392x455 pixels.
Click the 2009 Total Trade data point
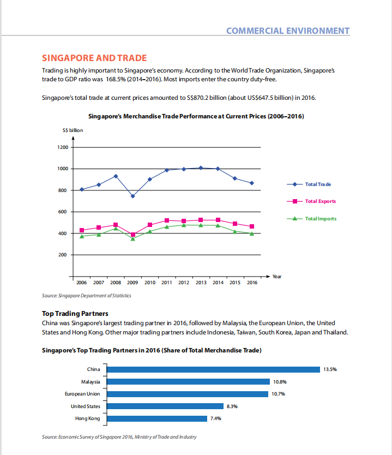tap(133, 196)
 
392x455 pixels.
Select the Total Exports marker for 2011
tap(167, 220)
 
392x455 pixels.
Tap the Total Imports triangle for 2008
tap(116, 229)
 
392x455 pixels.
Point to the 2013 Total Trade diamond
tap(201, 167)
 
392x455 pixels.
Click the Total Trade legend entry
tap(309, 184)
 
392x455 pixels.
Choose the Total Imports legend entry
tap(312, 219)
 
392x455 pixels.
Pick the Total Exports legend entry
tap(311, 201)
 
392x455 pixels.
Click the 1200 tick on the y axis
tap(63, 147)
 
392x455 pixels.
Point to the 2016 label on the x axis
tap(252, 283)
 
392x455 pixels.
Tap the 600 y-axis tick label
tap(62, 212)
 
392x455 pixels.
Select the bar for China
tap(213, 369)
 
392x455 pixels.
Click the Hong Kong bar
tap(157, 418)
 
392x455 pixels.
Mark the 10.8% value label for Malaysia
tap(280, 381)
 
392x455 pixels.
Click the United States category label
tap(86, 406)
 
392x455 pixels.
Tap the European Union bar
tap(188, 394)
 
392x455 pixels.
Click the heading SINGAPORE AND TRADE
tap(94, 58)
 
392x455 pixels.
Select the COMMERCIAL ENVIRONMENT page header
tap(288, 31)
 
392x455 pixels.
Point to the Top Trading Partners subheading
tap(75, 313)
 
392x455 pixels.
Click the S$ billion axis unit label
tap(73, 130)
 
